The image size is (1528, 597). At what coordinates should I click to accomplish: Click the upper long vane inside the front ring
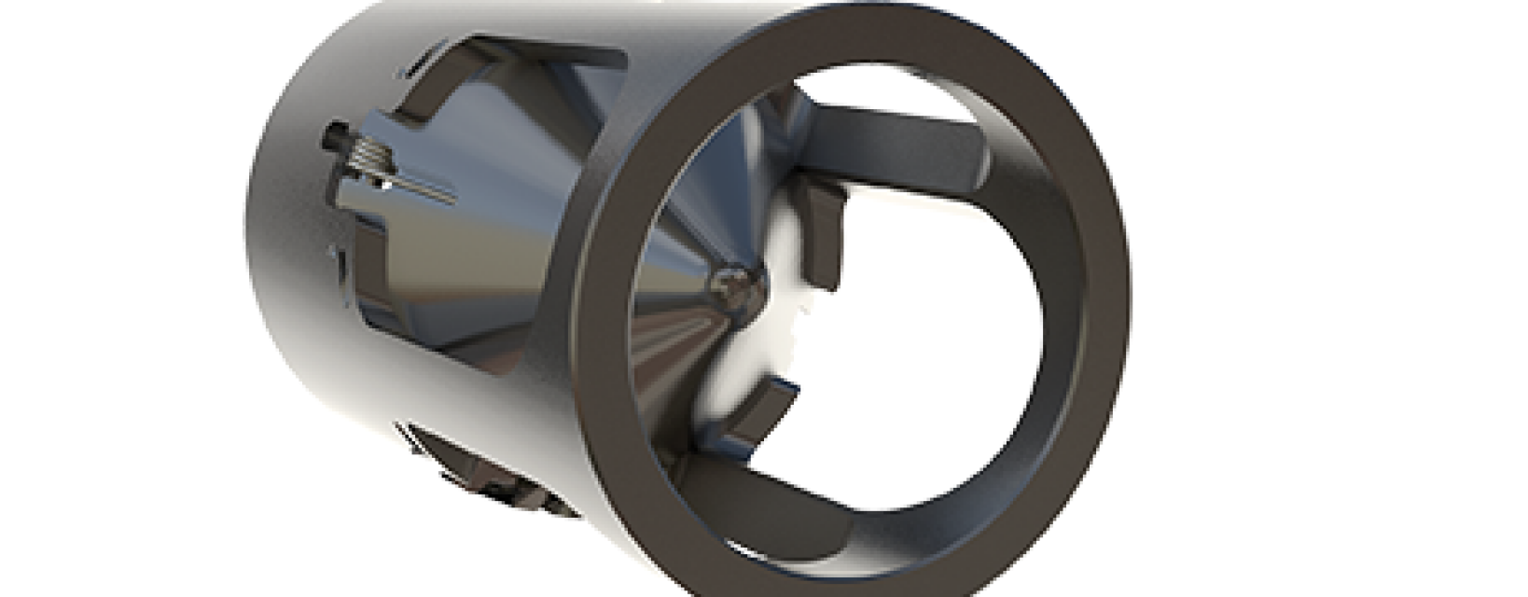point(896,140)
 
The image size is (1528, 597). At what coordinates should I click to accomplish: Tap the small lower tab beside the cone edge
point(765,410)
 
